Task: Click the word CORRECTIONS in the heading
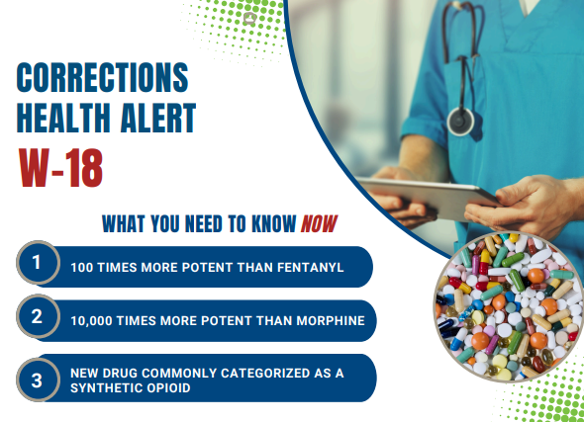click(x=102, y=77)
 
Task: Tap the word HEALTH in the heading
click(x=63, y=118)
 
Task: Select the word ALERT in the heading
click(x=158, y=118)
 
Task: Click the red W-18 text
click(x=60, y=168)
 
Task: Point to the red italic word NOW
click(x=319, y=223)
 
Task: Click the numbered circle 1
click(x=38, y=263)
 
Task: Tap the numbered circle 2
click(x=38, y=316)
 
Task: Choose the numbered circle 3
click(x=38, y=380)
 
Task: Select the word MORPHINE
click(x=331, y=320)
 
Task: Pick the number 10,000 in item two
click(x=92, y=321)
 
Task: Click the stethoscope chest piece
click(x=460, y=122)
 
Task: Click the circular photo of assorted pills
click(x=509, y=306)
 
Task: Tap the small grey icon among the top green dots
click(x=249, y=18)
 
